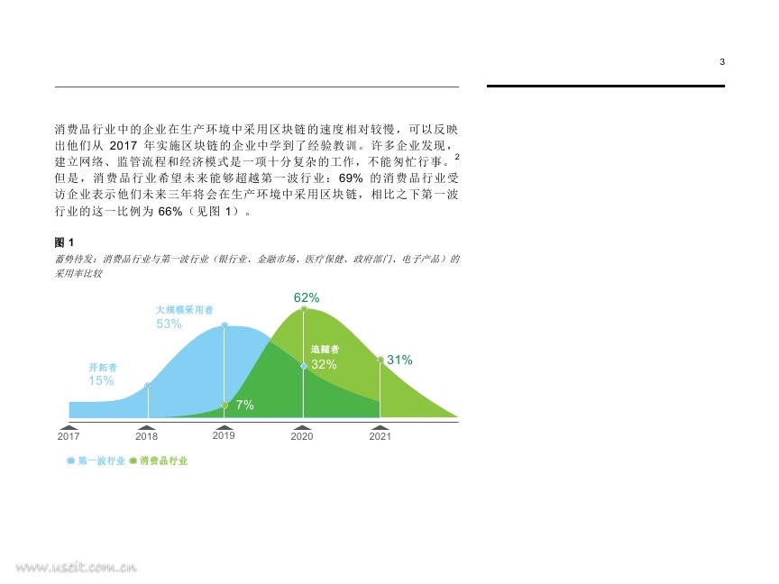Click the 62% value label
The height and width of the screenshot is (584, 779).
pos(307,297)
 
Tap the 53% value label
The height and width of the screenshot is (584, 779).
pos(169,324)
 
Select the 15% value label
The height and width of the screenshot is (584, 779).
pos(101,380)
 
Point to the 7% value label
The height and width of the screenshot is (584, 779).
pos(245,405)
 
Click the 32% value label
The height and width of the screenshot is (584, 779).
pos(324,364)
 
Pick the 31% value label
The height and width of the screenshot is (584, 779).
pos(400,360)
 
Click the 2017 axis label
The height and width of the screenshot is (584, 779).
pos(69,436)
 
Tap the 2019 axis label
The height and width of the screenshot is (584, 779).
pos(224,435)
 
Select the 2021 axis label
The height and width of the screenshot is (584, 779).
pos(380,436)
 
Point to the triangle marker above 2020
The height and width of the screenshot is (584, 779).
pos(302,427)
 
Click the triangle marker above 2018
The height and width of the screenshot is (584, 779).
pos(147,427)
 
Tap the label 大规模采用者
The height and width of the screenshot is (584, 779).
pos(184,310)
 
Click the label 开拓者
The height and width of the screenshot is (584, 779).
pos(103,368)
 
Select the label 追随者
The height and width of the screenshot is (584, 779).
pos(325,349)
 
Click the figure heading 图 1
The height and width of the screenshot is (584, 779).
pos(64,242)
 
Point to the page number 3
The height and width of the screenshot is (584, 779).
pos(722,62)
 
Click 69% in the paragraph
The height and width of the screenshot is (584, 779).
pos(351,178)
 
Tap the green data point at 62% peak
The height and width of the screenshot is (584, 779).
pos(304,309)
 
